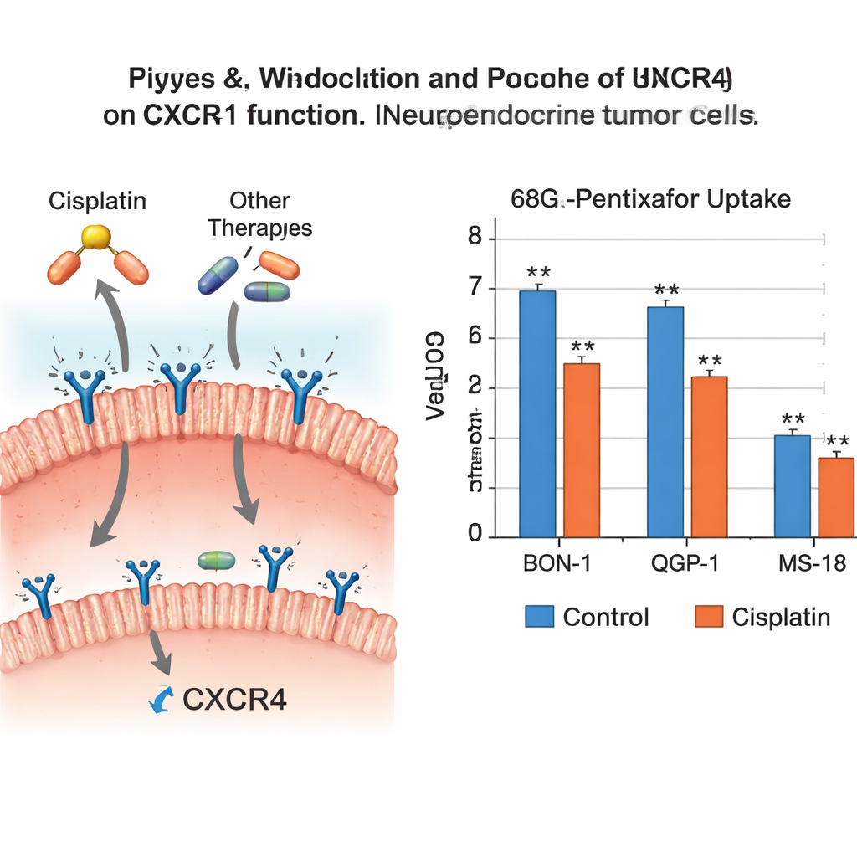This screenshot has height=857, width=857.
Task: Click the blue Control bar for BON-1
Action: [x=537, y=413]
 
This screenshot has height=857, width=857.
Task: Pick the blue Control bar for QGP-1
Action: [x=665, y=422]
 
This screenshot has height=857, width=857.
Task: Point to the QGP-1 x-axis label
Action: [x=684, y=563]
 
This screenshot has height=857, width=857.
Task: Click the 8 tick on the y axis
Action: [x=476, y=239]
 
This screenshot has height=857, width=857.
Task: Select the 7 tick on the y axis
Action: [x=476, y=289]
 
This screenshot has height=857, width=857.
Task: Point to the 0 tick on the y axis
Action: [x=476, y=535]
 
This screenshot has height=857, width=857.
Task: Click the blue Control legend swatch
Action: [x=539, y=618]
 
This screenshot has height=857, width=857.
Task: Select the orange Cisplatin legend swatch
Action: [x=708, y=618]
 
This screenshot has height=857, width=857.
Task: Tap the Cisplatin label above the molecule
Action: [x=98, y=202]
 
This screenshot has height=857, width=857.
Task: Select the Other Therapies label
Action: [x=259, y=214]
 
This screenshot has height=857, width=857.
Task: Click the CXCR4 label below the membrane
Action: [x=233, y=700]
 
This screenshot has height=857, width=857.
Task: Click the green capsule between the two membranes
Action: [x=213, y=560]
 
